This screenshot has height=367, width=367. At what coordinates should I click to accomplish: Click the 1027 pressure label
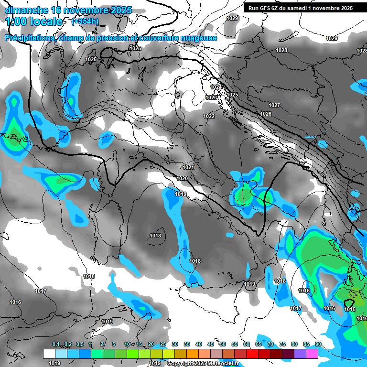coord(274,105)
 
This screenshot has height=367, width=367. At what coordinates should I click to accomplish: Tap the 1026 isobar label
coord(266,114)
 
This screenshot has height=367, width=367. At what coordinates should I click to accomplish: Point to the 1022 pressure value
coord(208,116)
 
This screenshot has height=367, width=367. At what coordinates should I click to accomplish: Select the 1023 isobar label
coord(211,97)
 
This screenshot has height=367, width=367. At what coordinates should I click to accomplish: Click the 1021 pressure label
coord(188,167)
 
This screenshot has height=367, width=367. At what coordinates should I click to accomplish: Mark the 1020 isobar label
coord(182,178)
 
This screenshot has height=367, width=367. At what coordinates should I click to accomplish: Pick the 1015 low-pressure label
coord(350,309)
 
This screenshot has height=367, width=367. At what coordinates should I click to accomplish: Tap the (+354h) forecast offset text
coord(85,21)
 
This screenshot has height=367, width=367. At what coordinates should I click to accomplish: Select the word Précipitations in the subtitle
coord(28,38)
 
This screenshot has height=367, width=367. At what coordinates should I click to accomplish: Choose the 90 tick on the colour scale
coord(318,344)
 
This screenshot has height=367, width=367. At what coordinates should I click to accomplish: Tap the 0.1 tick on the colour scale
coord(56,344)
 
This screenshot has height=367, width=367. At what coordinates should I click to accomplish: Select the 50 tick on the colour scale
coord(223,344)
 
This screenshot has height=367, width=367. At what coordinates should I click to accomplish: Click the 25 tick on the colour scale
coord(163,344)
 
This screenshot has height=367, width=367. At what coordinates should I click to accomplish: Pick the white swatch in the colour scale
coord(49,354)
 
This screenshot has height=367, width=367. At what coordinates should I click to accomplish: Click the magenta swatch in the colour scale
coord(312,354)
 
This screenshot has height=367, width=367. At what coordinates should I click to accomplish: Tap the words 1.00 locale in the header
coord(33,22)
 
